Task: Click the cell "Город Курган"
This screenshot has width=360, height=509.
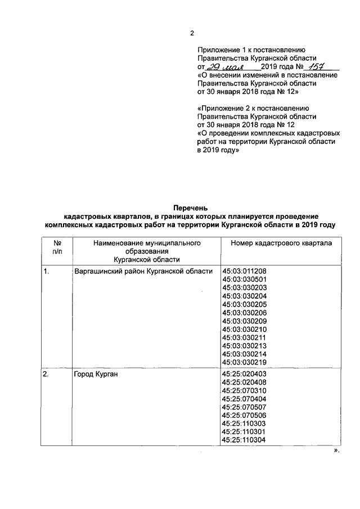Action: point(96,375)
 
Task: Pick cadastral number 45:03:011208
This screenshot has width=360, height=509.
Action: point(245,271)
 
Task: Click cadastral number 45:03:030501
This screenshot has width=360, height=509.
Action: point(245,280)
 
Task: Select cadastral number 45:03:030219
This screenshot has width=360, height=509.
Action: point(245,362)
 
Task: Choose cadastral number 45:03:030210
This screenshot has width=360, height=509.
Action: point(245,329)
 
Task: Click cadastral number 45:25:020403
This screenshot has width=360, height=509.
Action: point(245,375)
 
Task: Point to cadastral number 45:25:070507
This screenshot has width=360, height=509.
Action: point(245,407)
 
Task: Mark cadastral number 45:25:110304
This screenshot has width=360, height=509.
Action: point(245,440)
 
